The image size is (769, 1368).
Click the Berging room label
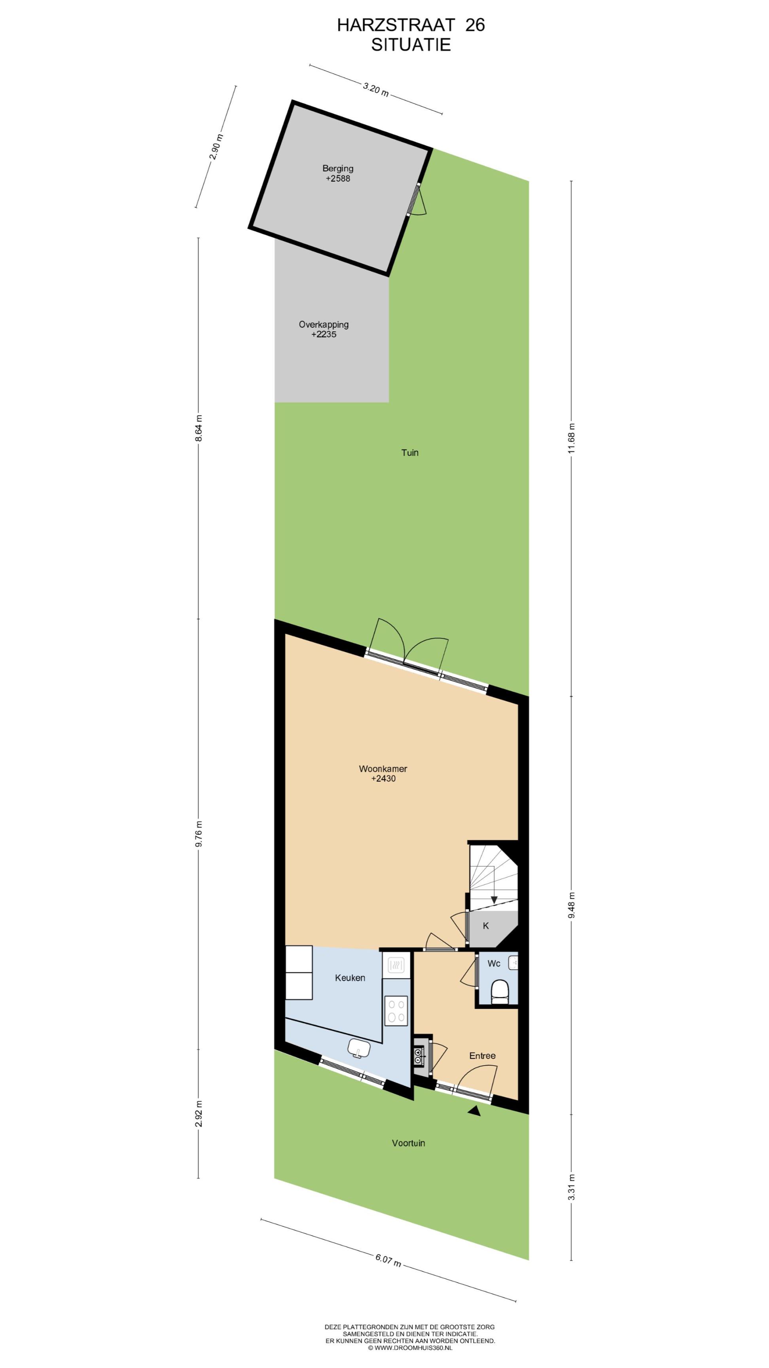(337, 168)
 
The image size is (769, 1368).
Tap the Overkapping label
(324, 325)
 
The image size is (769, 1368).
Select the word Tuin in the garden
(410, 452)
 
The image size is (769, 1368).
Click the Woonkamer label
(383, 768)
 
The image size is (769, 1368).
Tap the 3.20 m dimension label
(376, 89)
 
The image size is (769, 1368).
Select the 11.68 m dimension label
(571, 438)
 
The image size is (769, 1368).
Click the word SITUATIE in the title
(411, 45)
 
